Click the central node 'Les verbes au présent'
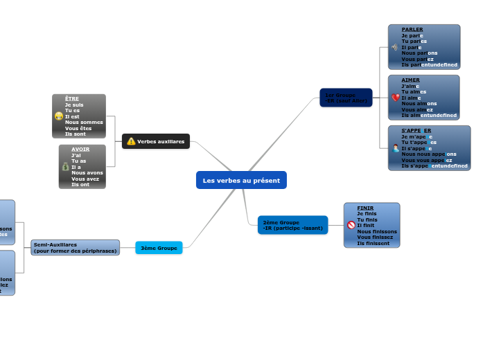point(241,180)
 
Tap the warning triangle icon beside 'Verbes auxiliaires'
point(131,141)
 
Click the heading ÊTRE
point(71,98)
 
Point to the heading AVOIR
point(80,149)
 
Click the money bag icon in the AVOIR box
point(65,166)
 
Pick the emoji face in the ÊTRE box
point(59,116)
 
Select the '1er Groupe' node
point(346,98)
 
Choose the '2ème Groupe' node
point(292,225)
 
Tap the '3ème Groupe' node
point(159,248)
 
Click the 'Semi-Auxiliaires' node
point(75,247)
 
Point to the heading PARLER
point(412,30)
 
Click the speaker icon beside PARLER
point(394,47)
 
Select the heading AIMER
point(410,80)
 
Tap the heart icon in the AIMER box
point(395,98)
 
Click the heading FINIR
point(365,208)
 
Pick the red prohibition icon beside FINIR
point(351,225)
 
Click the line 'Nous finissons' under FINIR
point(377,231)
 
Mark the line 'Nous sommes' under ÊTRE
point(84,122)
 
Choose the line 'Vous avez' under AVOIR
point(85,178)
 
